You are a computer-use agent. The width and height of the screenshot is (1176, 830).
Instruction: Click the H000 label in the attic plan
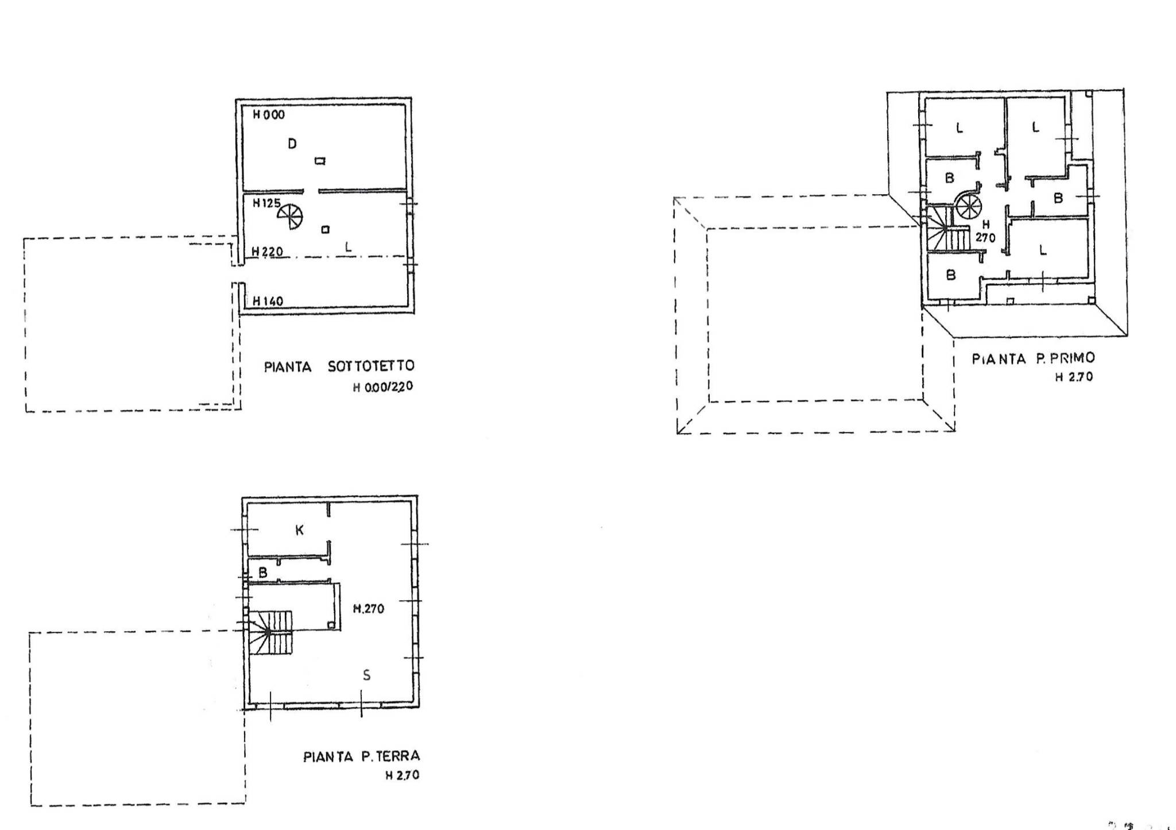pos(268,115)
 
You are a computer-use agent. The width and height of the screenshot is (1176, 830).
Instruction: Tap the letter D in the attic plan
pos(292,144)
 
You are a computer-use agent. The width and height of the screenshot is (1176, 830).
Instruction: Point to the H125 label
pos(266,203)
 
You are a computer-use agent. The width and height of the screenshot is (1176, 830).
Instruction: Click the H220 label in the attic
pos(267,252)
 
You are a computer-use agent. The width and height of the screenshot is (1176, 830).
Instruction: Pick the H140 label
pos(267,300)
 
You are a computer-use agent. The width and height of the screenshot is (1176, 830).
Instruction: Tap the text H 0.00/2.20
pos(382,387)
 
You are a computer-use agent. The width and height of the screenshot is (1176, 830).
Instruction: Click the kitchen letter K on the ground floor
pos(299,530)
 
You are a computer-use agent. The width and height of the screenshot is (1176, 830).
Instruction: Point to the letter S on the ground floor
pos(366,675)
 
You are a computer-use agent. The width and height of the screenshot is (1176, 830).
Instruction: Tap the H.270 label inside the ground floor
pos(368,609)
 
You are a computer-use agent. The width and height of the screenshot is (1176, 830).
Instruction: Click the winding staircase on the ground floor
pos(270,632)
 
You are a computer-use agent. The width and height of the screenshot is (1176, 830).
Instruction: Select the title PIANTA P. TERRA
pos(361,756)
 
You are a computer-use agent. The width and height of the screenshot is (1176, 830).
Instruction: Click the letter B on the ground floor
pos(263,573)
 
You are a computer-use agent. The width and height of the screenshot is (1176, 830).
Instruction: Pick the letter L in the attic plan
pos(348,247)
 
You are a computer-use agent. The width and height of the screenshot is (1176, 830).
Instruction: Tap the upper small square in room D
pos(320,161)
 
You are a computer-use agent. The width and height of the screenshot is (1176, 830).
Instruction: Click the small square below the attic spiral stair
pos(326,230)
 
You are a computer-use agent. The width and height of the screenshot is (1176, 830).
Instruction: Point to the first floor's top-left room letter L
pos(959,128)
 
